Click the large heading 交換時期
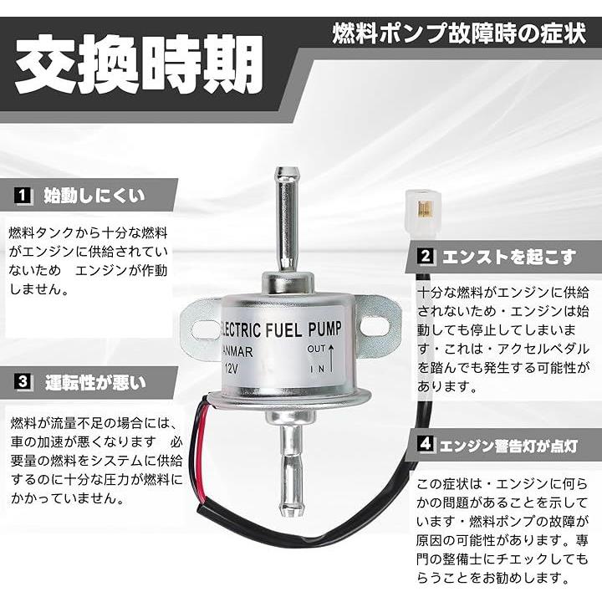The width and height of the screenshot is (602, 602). point(139,64)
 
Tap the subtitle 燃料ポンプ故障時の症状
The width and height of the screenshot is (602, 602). point(459,33)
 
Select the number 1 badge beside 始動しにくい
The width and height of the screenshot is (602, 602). point(23,196)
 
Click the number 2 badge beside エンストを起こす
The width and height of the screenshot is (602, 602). point(426,256)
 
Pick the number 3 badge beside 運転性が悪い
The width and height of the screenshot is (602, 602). point(23,381)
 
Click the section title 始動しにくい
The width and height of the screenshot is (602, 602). point(94,196)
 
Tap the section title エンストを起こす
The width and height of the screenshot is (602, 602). point(509,257)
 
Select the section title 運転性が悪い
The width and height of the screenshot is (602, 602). point(95,382)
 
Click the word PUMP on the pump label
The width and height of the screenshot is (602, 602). point(324,329)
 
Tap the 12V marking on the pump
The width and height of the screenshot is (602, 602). point(231,370)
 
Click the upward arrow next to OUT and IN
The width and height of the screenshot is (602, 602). point(331,359)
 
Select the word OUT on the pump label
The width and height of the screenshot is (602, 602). point(316,349)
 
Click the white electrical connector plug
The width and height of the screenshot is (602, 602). point(423,212)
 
